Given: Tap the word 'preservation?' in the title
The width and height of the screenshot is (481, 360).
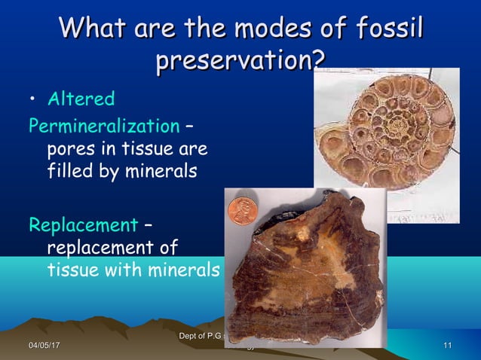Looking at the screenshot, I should click(x=235, y=60).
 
